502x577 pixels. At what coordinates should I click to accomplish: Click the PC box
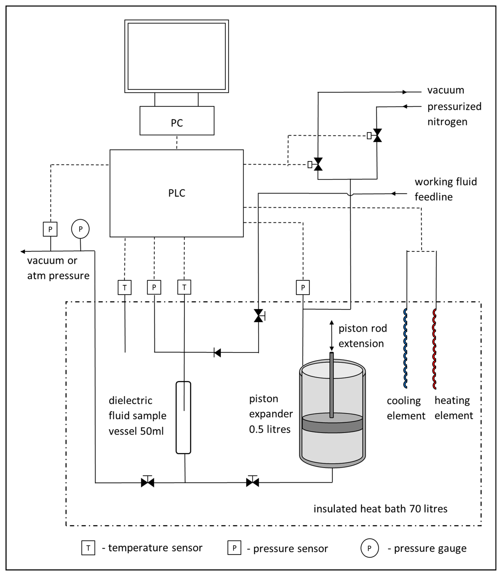[177, 121]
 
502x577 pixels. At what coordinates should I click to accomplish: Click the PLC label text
[176, 193]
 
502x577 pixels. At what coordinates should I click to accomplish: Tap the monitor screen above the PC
[176, 56]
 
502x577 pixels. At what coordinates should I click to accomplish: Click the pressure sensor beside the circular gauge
[50, 229]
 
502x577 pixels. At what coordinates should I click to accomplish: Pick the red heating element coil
[435, 349]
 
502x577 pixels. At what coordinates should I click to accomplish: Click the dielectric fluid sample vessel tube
[184, 417]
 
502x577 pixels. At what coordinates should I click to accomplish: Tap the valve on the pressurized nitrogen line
[377, 136]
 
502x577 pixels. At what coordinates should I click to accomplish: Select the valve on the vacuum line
[318, 164]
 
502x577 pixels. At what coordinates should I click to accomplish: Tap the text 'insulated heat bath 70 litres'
[380, 509]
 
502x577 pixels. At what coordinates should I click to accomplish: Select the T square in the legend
[88, 548]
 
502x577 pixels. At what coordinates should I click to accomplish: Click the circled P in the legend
[369, 548]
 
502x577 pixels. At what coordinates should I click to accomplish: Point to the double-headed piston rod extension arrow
[332, 336]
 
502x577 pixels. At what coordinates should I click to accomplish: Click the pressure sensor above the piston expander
[303, 287]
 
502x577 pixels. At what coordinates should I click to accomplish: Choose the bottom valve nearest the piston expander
[252, 482]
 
